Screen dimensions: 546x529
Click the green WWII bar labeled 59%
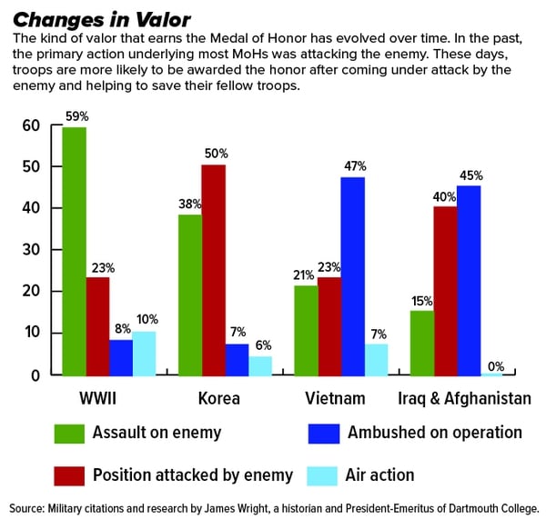(x=75, y=252)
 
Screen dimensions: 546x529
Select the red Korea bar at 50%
(x=214, y=270)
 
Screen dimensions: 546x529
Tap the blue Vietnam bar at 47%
(x=353, y=276)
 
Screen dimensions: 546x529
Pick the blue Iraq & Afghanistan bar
(x=469, y=281)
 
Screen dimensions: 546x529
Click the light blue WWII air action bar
(x=144, y=354)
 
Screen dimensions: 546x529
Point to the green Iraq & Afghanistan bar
(x=422, y=344)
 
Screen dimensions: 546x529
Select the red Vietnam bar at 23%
(x=329, y=326)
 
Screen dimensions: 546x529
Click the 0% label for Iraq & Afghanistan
(x=496, y=366)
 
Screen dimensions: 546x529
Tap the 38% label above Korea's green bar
(x=190, y=205)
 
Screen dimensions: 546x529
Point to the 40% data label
(x=444, y=197)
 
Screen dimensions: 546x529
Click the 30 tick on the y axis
(x=31, y=249)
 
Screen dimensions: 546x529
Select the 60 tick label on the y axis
(x=31, y=125)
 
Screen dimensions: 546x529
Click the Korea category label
(x=219, y=398)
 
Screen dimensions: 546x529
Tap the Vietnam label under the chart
(x=335, y=398)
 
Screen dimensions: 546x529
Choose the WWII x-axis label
(x=98, y=398)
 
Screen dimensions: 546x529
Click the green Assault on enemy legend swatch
(x=69, y=434)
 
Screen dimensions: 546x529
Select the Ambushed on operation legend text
(x=435, y=433)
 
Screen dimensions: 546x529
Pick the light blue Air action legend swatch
(x=322, y=475)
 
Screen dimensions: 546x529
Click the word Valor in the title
(x=163, y=20)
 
